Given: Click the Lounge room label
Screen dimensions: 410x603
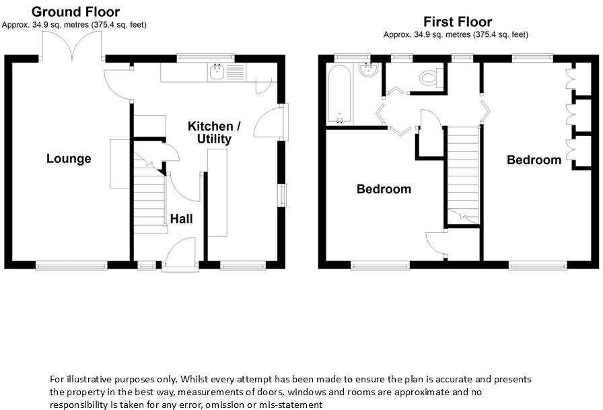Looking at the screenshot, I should point(69,159).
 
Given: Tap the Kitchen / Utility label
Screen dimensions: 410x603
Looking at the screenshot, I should point(214,133).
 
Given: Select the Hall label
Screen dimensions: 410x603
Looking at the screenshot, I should point(181,219).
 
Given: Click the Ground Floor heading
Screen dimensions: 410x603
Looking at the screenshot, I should point(75,11).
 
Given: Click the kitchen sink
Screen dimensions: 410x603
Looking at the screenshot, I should point(217,71).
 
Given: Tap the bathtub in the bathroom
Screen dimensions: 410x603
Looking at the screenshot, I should point(339,94).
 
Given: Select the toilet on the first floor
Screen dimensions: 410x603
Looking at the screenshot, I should point(429,78).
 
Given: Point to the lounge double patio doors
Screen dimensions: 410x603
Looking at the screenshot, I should point(72,45).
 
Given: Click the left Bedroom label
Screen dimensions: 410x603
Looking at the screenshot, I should point(384,189).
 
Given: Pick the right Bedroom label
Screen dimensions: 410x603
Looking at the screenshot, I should point(534,160).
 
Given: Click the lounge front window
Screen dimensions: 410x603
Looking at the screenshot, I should point(71,266).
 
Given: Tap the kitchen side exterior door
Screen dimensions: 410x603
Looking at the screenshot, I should point(281,122).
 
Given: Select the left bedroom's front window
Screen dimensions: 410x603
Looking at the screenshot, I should point(380,266).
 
